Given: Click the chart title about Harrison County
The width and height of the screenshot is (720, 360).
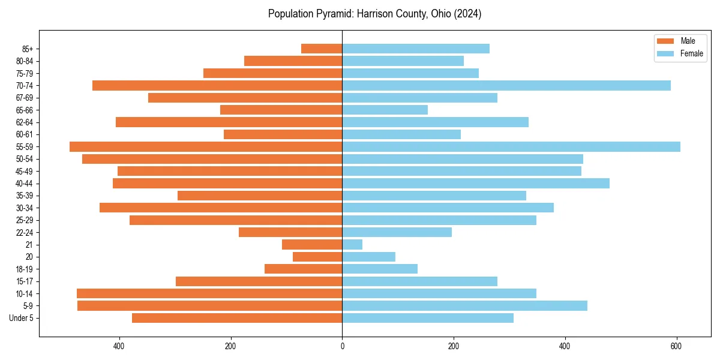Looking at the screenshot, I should point(374,14).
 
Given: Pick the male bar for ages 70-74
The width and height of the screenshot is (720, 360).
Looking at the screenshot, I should point(217,85).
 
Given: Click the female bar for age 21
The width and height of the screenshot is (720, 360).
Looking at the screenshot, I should point(352,244).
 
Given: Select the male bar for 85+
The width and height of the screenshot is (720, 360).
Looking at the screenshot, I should point(322,49).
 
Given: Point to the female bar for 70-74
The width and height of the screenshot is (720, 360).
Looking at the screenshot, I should point(506,85).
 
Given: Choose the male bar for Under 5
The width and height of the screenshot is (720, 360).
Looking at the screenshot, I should point(237,318).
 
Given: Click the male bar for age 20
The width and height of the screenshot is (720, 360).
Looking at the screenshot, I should point(317,257).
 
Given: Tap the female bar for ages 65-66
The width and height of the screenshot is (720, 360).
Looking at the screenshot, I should point(385,110).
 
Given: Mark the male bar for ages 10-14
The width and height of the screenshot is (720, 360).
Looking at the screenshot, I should point(209,293).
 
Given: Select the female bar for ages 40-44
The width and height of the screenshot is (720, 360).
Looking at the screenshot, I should point(476,183).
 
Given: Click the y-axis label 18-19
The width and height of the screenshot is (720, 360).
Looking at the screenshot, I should point(25,269).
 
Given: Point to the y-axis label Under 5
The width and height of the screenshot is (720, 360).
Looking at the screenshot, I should point(22,318).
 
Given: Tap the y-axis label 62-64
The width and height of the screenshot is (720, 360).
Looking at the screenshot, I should point(25,122).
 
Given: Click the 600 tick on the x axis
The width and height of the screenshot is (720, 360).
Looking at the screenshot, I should point(676,346).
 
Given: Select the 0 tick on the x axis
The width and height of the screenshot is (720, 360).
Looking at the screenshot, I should point(342,346).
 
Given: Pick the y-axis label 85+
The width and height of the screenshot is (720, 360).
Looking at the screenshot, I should point(28,49).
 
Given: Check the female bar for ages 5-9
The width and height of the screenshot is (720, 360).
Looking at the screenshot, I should point(464,305).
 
